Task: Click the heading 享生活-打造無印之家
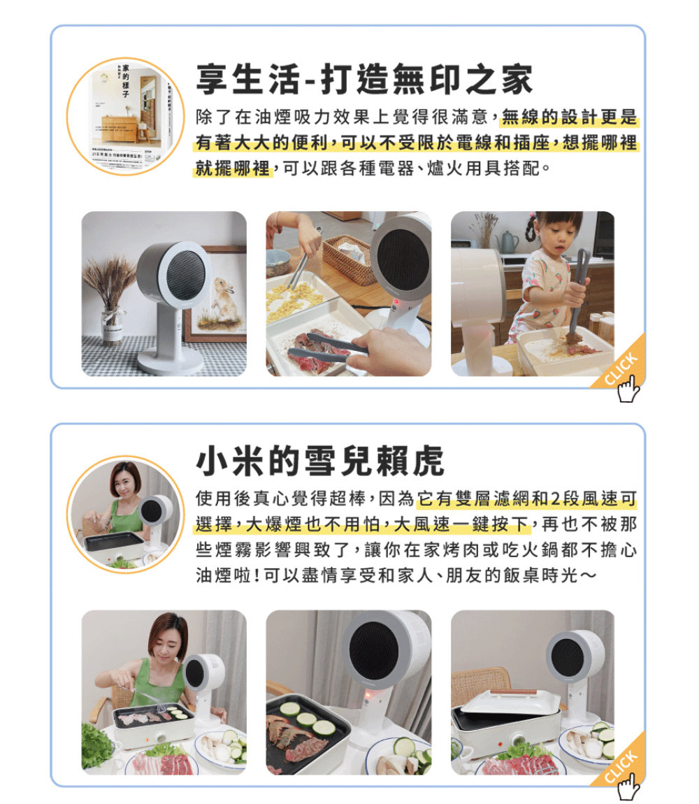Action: coord(363,79)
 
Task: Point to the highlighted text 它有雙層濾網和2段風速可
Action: coord(526,499)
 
